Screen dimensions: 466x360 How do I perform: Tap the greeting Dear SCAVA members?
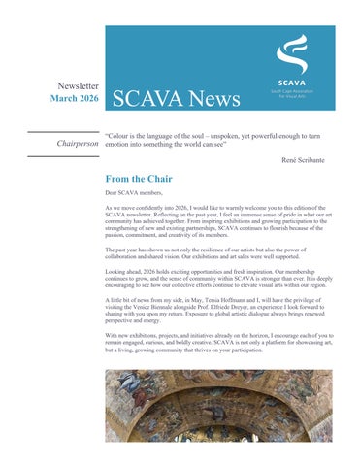coord(138,194)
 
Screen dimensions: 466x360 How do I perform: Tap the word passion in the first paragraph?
coord(118,235)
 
